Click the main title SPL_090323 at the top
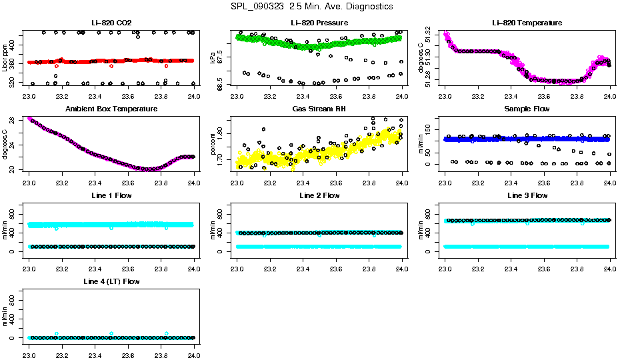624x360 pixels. [311, 7]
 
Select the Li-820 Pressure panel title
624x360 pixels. [319, 23]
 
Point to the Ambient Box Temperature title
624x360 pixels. [111, 109]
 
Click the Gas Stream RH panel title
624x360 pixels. [319, 109]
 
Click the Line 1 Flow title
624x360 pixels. [111, 195]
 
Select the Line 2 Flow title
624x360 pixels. [319, 195]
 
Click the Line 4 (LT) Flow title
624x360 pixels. [111, 282]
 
